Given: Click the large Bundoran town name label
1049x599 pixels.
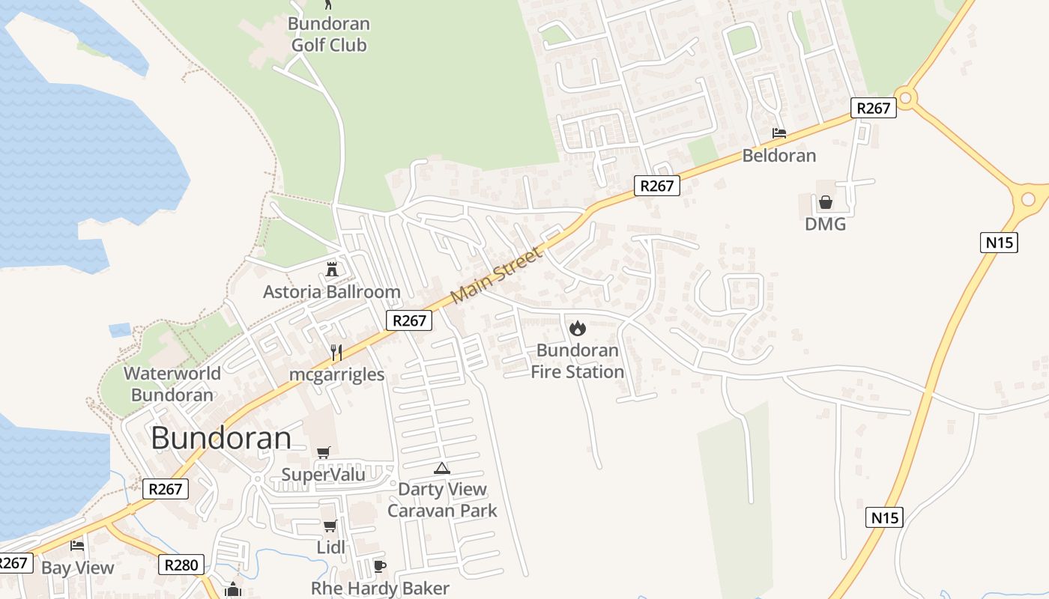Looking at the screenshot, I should click(221, 438).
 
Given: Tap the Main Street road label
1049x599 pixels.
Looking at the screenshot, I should click(496, 276).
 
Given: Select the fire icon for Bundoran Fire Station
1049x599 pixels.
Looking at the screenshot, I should click(577, 328).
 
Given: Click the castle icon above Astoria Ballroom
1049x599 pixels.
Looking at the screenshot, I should click(332, 269).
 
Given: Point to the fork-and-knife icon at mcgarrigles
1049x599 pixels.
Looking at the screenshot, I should click(336, 352).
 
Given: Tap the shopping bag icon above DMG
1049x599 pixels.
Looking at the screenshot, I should click(825, 202).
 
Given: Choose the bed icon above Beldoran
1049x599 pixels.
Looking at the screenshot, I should click(779, 133).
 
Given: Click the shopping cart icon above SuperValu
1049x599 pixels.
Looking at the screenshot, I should click(323, 452).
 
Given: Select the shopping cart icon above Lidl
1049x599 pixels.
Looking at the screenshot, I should click(330, 526).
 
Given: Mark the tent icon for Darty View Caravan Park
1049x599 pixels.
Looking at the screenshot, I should click(441, 469).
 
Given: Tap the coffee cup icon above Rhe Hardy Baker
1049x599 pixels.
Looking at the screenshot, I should click(379, 566).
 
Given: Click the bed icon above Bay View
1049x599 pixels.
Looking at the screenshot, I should click(77, 546).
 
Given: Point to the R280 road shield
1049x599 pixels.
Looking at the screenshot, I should click(181, 565).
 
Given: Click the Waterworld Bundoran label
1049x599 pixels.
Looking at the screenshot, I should click(172, 383).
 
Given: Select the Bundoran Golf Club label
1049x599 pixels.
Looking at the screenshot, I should click(329, 34).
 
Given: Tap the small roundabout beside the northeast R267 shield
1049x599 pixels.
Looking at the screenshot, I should click(907, 97).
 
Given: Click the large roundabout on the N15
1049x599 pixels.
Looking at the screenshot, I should click(1028, 198).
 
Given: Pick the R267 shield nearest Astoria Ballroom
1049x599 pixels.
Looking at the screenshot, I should click(409, 320).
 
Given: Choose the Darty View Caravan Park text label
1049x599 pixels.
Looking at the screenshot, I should click(442, 500).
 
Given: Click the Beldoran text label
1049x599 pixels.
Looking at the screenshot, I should click(779, 156).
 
